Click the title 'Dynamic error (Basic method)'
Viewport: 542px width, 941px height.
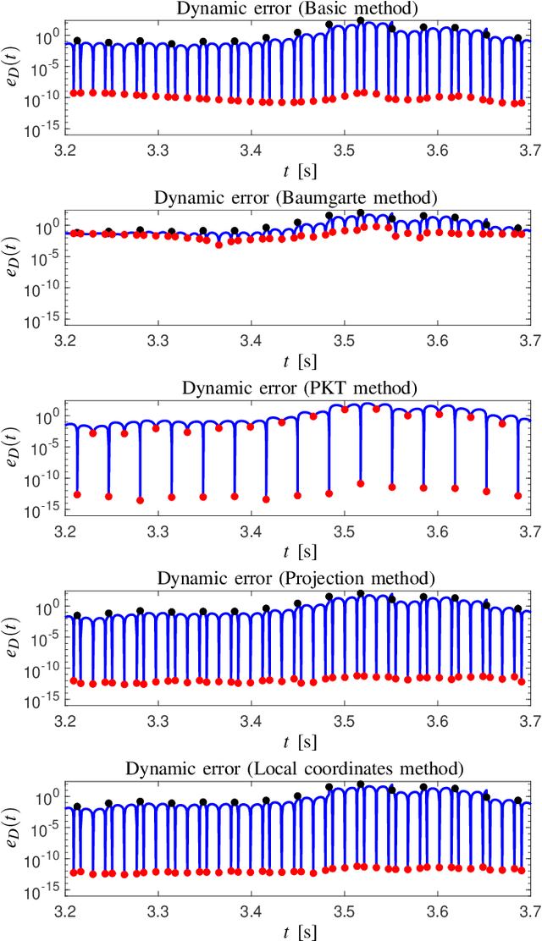[x=297, y=8]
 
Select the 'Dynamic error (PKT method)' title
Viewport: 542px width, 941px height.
[x=297, y=388]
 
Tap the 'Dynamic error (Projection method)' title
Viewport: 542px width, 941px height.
[x=297, y=579]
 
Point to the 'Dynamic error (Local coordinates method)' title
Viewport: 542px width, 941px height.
[x=297, y=768]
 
